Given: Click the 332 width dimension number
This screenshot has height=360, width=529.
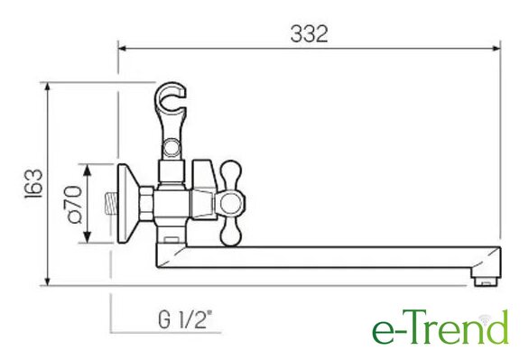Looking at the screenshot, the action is pos(309,33).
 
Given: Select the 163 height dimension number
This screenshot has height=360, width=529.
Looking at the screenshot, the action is pos(33,184).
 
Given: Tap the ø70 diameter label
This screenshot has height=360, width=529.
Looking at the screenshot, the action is pos(73,204).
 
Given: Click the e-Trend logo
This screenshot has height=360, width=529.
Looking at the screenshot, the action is pos(441,328).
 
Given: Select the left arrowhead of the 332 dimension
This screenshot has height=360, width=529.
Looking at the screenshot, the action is pos(122,48).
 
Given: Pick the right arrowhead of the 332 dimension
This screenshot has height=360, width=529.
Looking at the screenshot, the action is pos(497,48).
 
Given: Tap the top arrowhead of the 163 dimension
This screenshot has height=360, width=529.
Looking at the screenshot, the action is pos(47,87).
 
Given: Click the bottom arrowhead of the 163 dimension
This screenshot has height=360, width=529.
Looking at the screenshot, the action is pos(47,282).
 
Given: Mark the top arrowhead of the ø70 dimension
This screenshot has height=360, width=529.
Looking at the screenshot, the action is pos(88,170).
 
